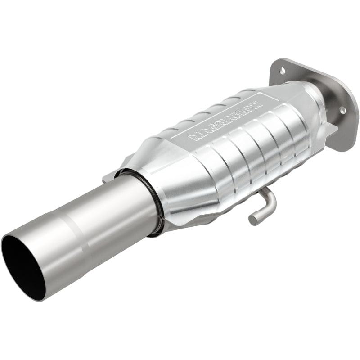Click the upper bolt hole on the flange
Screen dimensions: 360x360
pos(282,70)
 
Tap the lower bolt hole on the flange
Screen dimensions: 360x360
pos(342,110)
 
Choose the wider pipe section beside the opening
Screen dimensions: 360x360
pos(45,252)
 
